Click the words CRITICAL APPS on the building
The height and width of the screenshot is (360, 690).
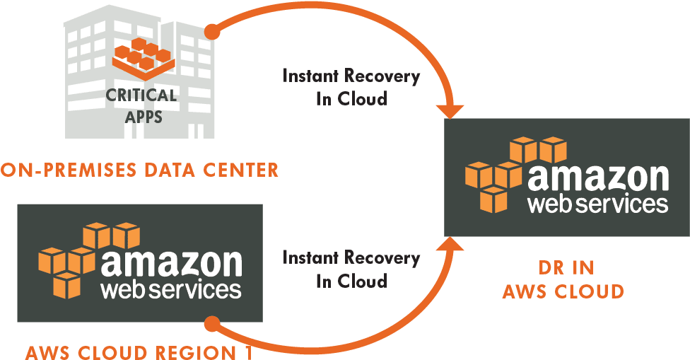click(x=141, y=105)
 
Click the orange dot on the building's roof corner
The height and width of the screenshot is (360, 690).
click(x=210, y=33)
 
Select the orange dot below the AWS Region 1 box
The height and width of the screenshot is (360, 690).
click(x=211, y=324)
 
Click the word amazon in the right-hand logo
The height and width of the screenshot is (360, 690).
click(x=597, y=177)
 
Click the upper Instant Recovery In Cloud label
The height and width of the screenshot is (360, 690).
click(x=351, y=87)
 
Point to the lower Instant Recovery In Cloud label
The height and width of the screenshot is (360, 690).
click(x=351, y=269)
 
